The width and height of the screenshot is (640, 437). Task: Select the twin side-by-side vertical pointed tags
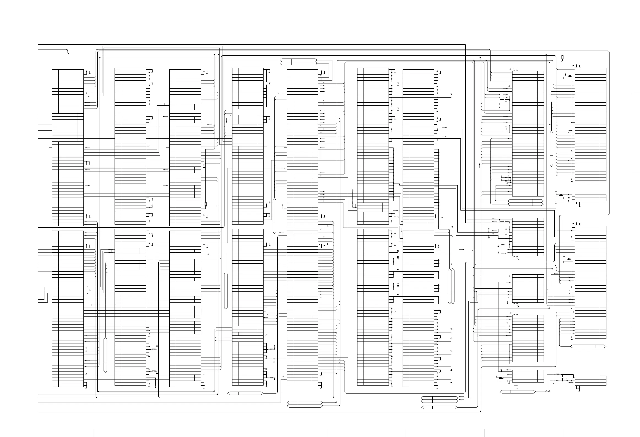coord(451,286)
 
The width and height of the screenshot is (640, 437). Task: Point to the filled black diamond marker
coord(498,246)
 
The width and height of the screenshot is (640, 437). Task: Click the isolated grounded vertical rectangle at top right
coord(562,57)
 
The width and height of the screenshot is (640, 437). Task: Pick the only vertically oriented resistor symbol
coord(206,204)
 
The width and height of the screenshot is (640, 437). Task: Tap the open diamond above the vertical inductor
coord(352,190)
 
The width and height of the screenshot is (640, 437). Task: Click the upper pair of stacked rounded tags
coord(299,62)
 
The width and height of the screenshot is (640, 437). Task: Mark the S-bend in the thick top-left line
coord(68,52)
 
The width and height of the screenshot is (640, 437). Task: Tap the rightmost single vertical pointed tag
coord(551,149)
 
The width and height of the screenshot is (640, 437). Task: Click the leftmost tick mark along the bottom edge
coord(94,433)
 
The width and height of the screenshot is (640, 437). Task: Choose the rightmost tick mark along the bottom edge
coord(562,433)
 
